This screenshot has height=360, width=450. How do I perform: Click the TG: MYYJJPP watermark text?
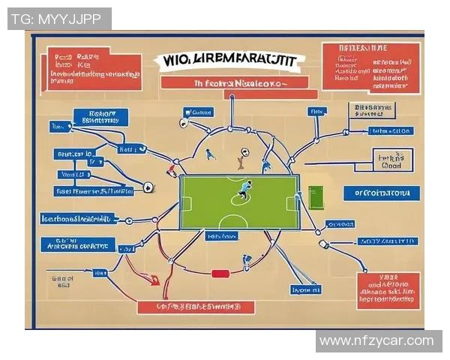tap(59, 19)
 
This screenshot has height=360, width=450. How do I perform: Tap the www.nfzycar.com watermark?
tap(376, 341)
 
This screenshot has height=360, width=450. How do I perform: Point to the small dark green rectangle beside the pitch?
tap(315, 198)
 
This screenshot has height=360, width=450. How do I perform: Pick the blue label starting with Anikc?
tap(79, 244)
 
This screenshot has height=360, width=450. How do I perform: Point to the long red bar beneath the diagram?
tap(196, 307)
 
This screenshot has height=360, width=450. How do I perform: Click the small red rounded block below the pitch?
tap(219, 274)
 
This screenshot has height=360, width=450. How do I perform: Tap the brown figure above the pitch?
tap(241, 158)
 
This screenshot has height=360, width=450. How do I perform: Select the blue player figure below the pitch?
tap(247, 262)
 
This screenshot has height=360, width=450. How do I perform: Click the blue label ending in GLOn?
tap(390, 131)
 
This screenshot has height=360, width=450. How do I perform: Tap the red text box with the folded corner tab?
tap(93, 70)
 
